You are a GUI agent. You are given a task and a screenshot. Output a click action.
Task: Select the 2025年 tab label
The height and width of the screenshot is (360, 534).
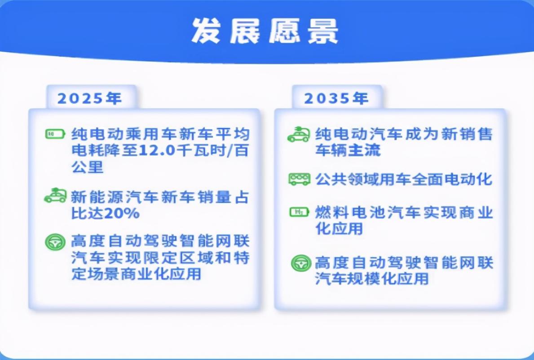tap(90, 98)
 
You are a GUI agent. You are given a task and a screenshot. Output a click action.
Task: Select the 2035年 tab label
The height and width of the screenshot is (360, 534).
tap(336, 98)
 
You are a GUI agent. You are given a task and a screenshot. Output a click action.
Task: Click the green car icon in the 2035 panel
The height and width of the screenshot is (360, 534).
tap(299, 134)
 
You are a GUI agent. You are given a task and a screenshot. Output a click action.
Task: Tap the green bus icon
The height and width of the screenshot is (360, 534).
tap(299, 180)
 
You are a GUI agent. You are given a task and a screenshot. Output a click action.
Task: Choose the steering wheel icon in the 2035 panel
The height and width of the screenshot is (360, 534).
tap(300, 263)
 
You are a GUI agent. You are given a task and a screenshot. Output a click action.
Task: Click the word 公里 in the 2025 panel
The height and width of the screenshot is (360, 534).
tap(88, 167)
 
